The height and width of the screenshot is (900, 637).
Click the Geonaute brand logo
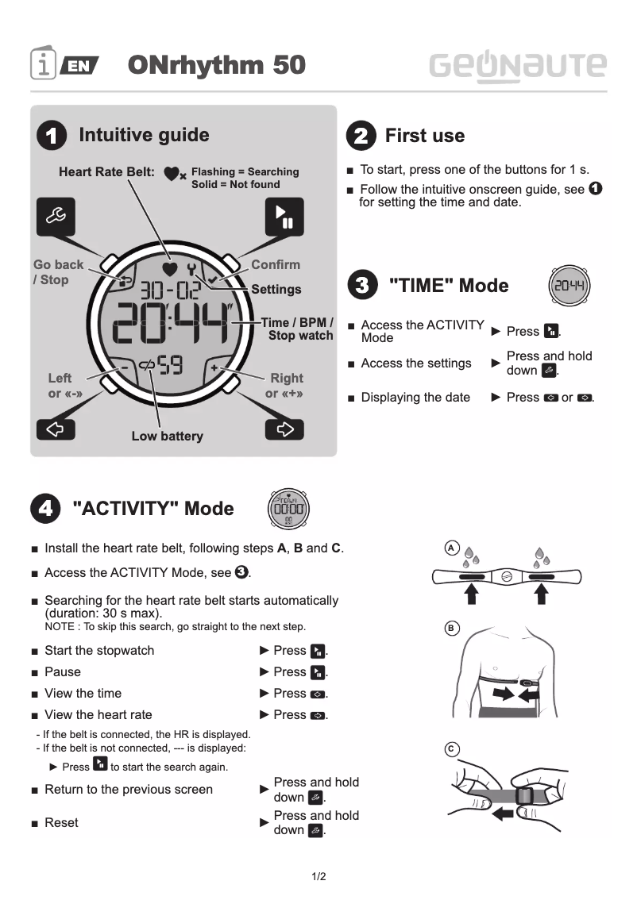(x=518, y=65)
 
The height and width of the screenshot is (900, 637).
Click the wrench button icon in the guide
(x=57, y=216)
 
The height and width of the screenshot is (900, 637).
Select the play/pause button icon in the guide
(x=284, y=216)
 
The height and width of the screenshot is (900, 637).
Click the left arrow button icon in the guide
(x=56, y=429)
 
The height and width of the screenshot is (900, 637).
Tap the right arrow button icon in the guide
(x=284, y=429)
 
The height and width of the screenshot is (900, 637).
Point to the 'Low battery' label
(x=167, y=436)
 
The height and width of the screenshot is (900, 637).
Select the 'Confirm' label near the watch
(x=276, y=264)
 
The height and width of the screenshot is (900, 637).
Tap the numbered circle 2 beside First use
(x=361, y=136)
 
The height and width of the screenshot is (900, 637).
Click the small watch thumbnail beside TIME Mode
(x=569, y=287)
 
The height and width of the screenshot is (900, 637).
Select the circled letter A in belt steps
(x=450, y=548)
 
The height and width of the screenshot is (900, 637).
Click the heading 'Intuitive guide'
(x=144, y=135)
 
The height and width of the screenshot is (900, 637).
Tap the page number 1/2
(x=318, y=877)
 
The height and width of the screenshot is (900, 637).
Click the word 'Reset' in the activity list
(x=61, y=822)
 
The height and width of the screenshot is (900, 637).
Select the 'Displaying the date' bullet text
(x=415, y=397)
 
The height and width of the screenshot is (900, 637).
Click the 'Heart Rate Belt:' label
(x=106, y=171)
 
